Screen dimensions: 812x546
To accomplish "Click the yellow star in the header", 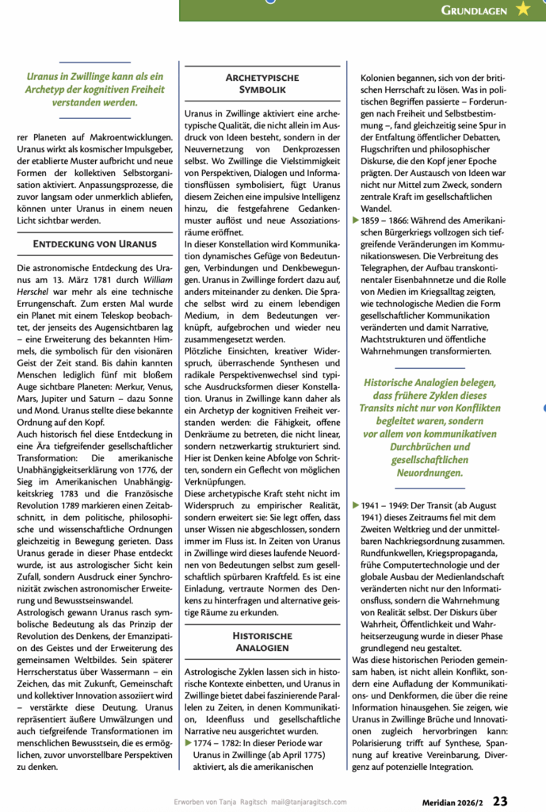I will click(523, 10).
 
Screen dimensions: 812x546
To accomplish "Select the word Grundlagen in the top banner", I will click(475, 10).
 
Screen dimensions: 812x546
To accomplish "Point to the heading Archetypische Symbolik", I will click(262, 85).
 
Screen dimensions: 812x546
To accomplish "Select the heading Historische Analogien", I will click(262, 642).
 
